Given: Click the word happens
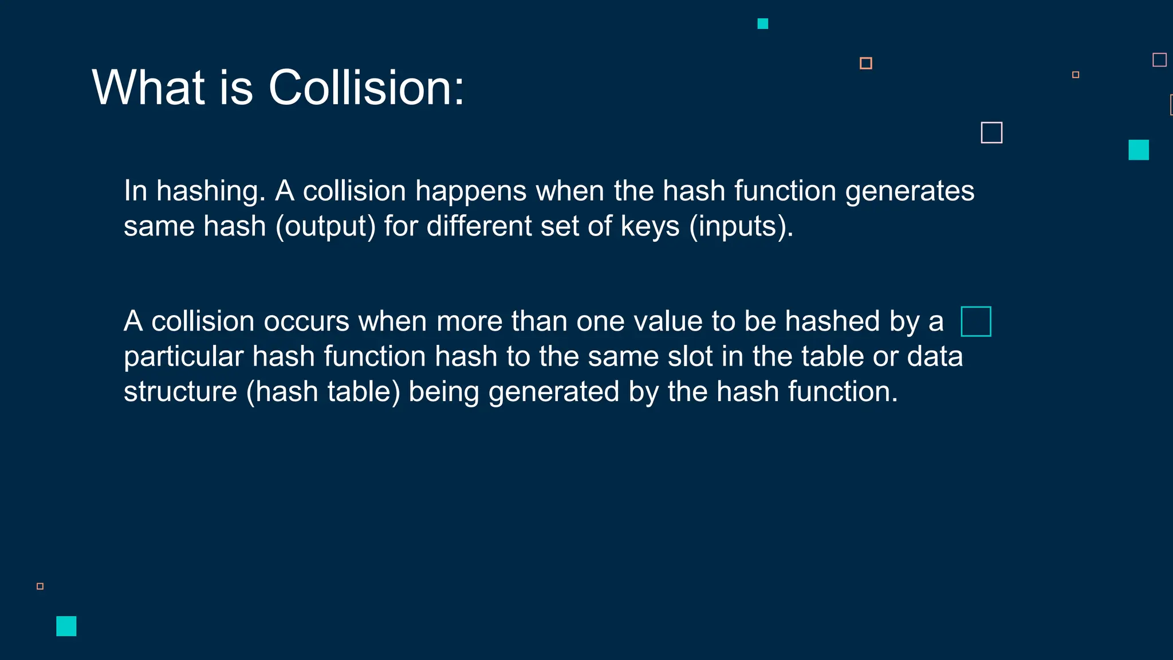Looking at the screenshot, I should [x=470, y=191].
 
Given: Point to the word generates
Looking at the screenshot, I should [x=910, y=191].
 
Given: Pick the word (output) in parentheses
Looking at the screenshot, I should [x=325, y=226].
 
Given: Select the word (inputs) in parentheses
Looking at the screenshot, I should [x=741, y=226].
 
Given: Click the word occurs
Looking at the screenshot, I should [x=306, y=321].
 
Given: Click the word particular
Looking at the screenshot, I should [x=183, y=357].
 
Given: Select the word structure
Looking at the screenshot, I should [x=180, y=392].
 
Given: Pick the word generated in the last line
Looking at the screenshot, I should [x=553, y=392].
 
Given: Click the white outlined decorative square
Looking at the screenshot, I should [x=991, y=133].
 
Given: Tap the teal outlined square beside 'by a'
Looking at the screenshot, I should [x=976, y=321].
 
